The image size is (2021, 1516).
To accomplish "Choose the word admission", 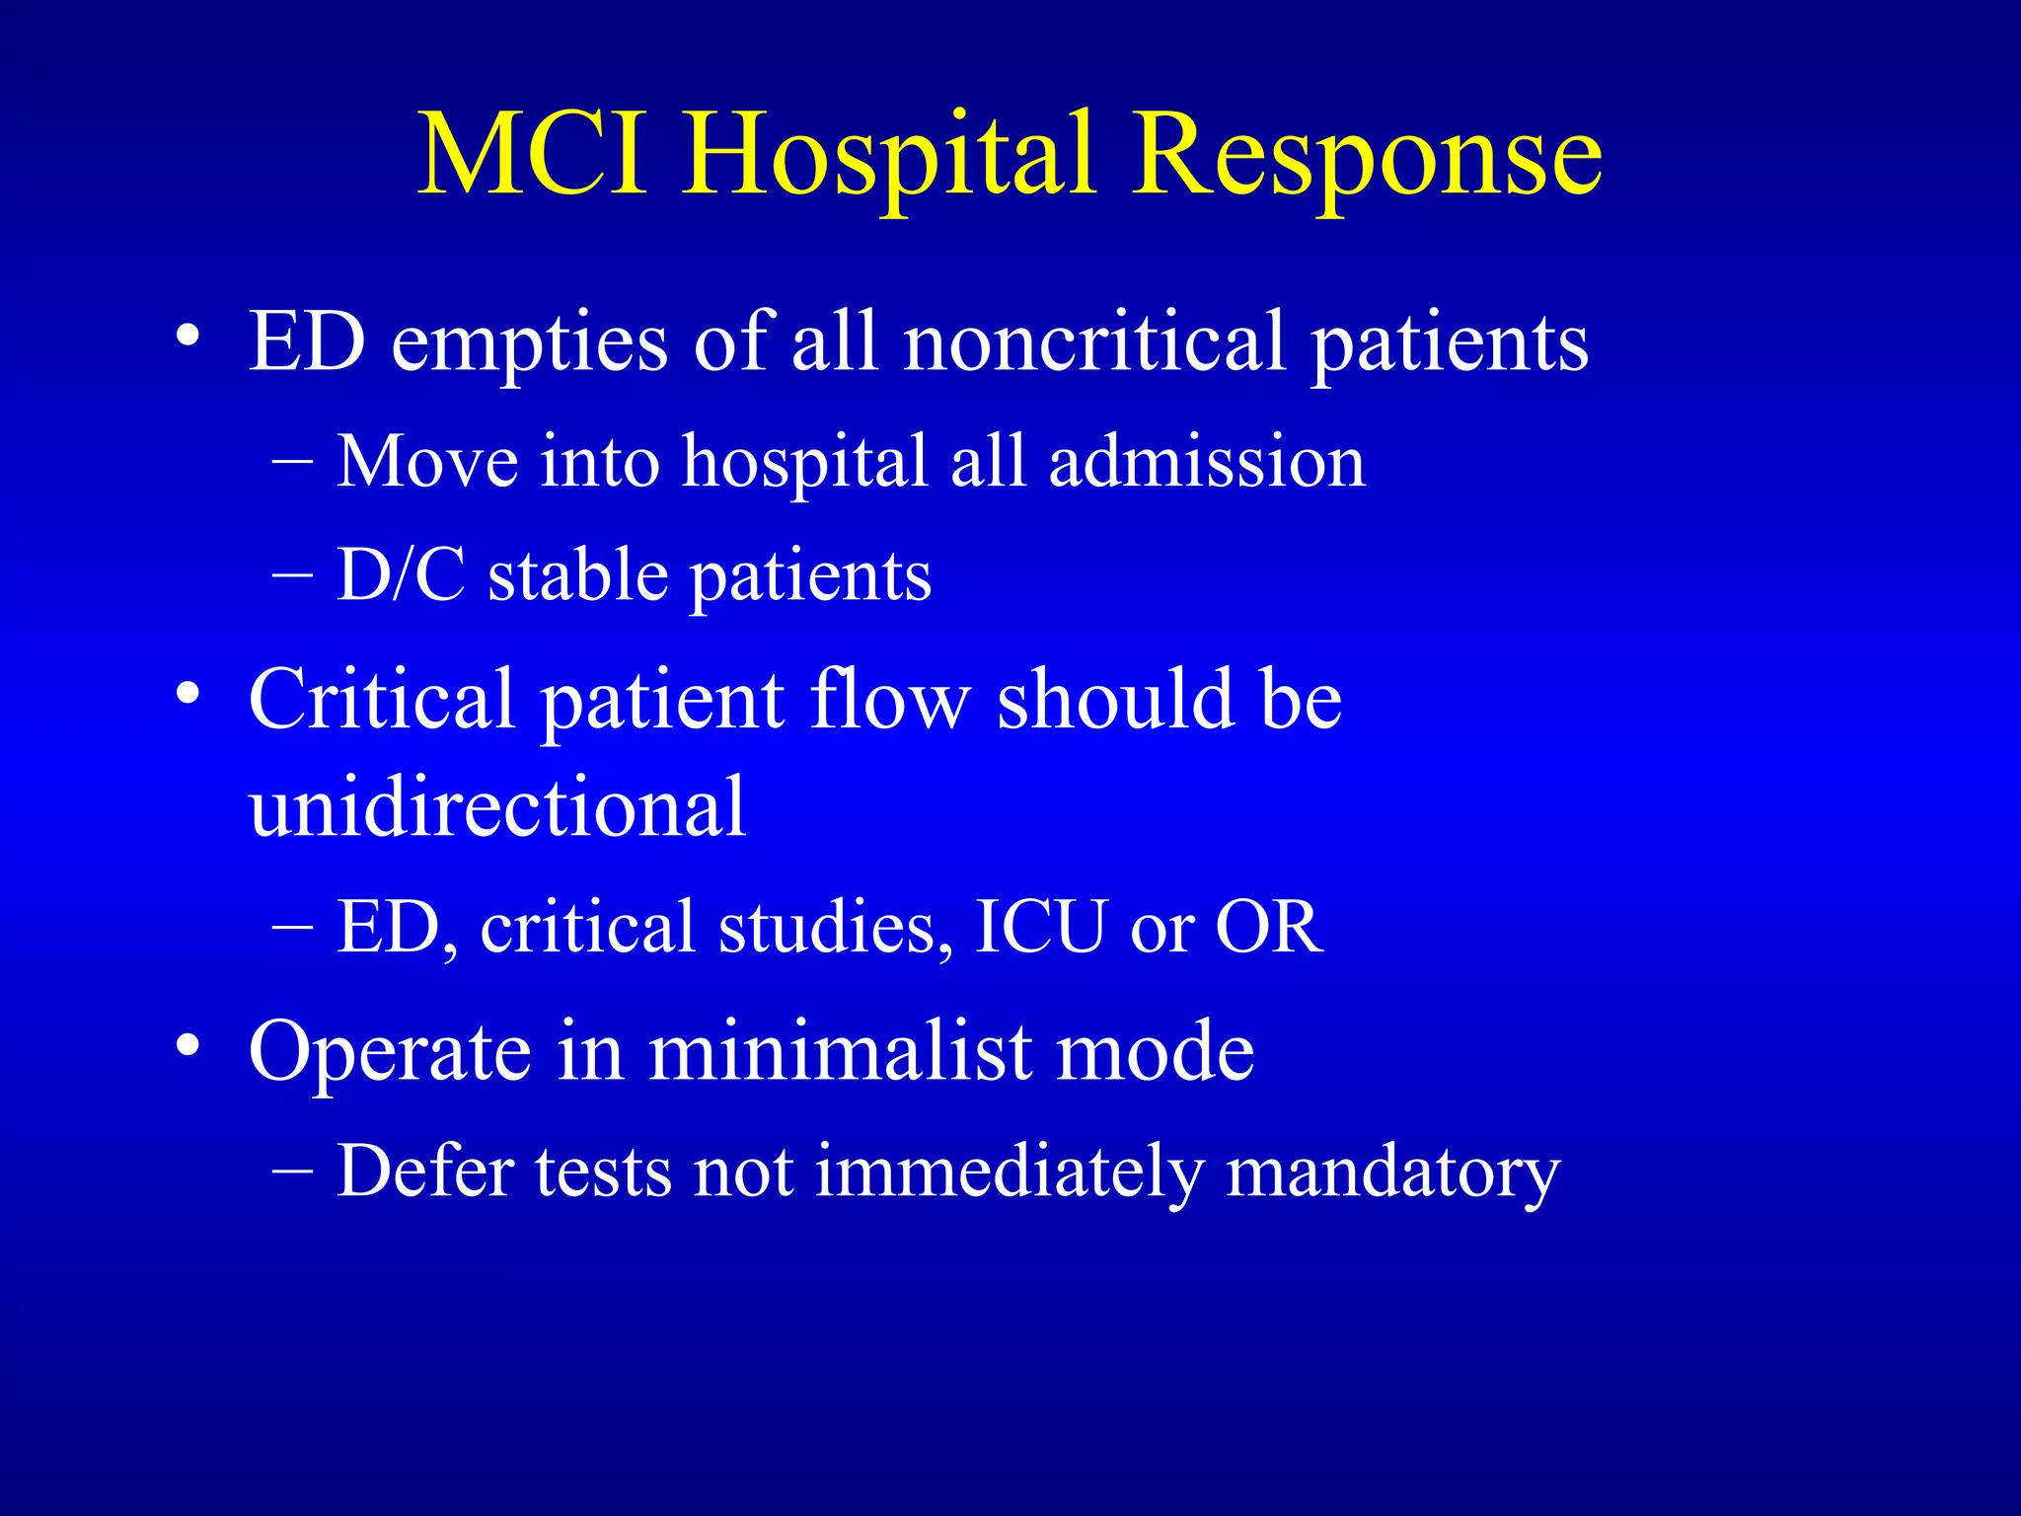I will coord(1207,463).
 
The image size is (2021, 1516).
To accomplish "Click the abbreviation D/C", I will coord(401,575).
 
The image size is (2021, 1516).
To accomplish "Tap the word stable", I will coord(578,575).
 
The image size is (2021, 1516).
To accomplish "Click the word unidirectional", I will coord(497,807).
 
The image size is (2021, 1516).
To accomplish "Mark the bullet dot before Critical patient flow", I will coord(188,694).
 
